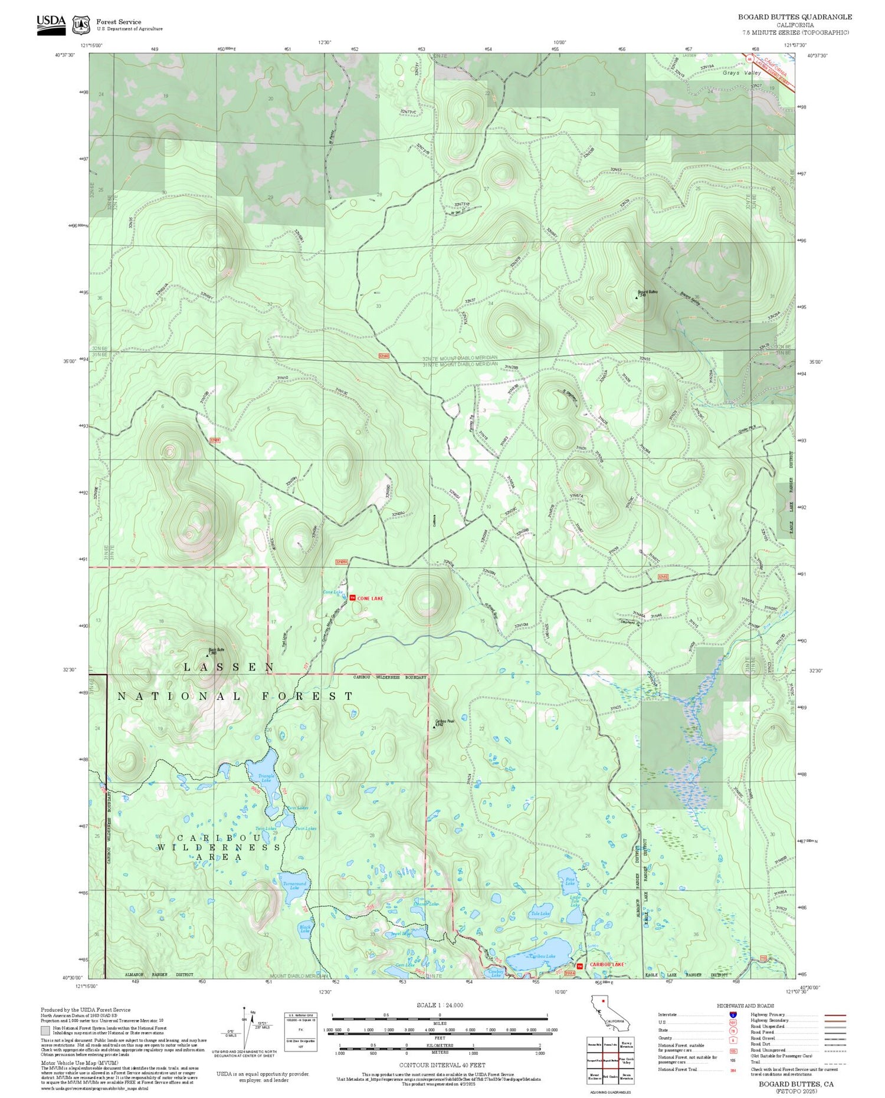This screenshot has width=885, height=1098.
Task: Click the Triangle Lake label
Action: tap(266, 778)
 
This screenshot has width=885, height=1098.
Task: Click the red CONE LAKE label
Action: tap(370, 598)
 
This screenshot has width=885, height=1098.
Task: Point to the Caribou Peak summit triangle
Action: tap(434, 726)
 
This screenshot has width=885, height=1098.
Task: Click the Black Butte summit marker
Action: tap(207, 655)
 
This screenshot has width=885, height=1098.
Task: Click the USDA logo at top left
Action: tap(51, 24)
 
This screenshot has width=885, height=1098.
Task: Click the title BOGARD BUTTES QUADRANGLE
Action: tap(795, 17)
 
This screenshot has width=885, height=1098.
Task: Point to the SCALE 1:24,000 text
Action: tap(440, 1005)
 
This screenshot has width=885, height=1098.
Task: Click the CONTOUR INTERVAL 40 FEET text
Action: tap(442, 1065)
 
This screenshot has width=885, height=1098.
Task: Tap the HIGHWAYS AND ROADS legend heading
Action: tap(745, 1005)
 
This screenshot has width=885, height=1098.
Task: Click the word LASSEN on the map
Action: tap(229, 667)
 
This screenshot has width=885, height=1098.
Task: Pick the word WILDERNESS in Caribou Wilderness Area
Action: tap(219, 847)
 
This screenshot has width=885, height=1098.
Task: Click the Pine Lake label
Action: tap(569, 882)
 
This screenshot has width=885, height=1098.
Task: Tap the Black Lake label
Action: tap(305, 929)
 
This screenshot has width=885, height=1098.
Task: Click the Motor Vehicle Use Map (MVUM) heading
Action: tap(71, 1062)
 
